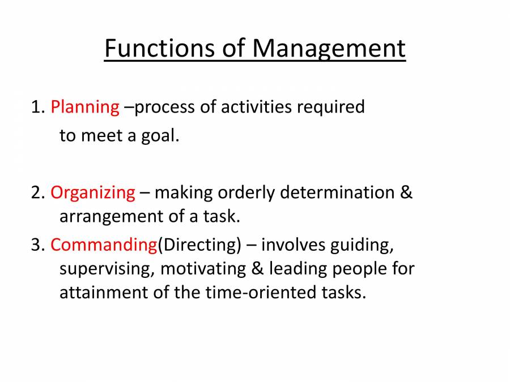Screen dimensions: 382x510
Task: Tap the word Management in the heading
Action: click(329, 50)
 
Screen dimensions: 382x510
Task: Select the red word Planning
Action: click(85, 107)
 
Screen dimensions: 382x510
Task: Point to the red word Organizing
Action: click(93, 193)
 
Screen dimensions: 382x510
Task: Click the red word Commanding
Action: click(104, 245)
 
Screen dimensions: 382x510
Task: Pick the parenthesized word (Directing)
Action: click(199, 246)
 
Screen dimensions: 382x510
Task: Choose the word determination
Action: click(339, 192)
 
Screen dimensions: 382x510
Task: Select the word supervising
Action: click(105, 269)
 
